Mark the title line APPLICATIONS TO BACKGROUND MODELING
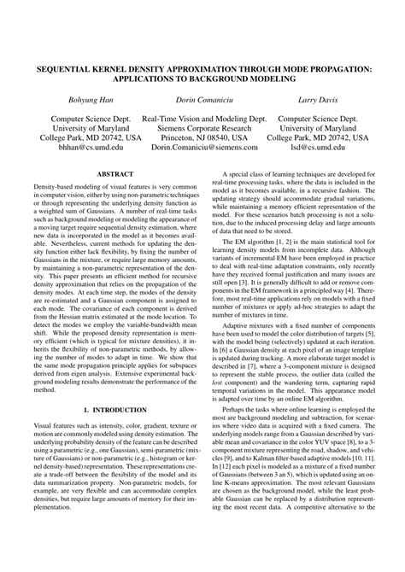pyautogui.click(x=202, y=76)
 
